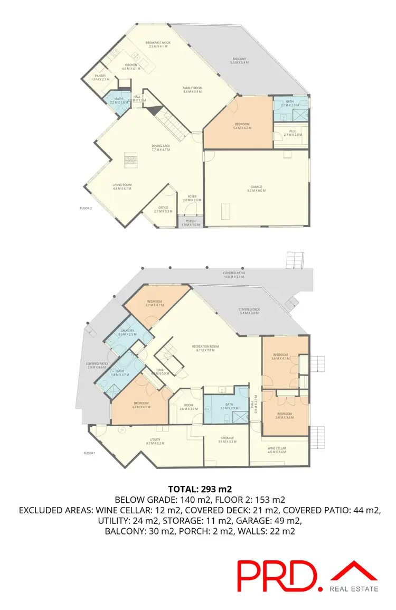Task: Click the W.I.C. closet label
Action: point(292,132)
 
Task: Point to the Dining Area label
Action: point(161,148)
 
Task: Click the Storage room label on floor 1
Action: point(227,439)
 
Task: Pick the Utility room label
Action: point(155,441)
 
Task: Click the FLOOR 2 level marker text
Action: point(86,209)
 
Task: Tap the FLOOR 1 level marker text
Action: point(90,453)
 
